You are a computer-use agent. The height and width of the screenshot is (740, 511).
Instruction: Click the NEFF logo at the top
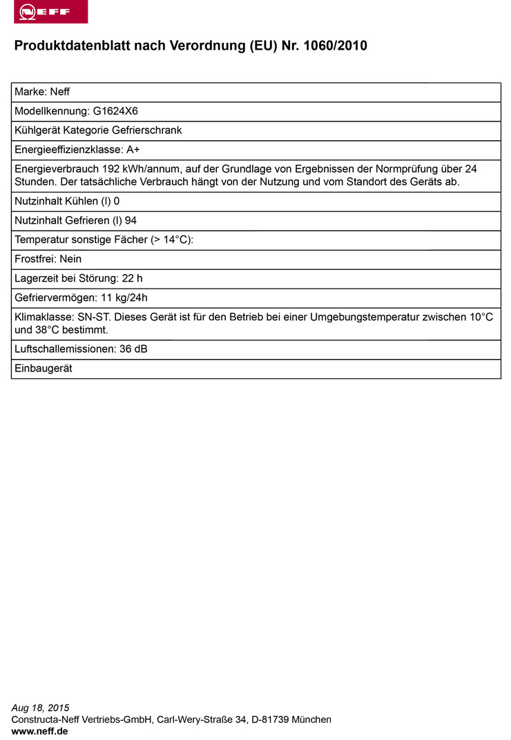click(50, 12)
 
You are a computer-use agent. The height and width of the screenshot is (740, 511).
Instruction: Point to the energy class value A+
click(133, 150)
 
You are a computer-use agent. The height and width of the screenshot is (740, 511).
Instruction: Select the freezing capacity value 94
click(131, 220)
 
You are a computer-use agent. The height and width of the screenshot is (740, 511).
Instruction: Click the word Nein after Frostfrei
click(70, 259)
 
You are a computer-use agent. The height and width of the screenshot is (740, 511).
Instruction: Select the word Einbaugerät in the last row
click(44, 369)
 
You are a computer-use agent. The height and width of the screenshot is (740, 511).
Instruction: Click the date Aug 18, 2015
click(41, 708)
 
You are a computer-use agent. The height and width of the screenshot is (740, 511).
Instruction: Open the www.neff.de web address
click(40, 731)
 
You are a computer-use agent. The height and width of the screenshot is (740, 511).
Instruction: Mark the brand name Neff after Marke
click(59, 92)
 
